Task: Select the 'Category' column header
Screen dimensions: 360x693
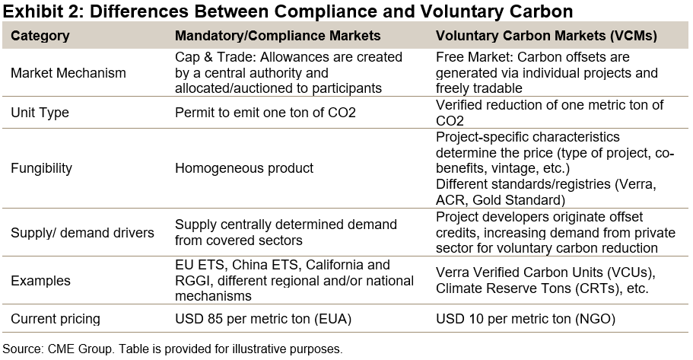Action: (x=40, y=36)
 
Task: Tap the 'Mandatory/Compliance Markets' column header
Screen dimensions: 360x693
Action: (x=278, y=36)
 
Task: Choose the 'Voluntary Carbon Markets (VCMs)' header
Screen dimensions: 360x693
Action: (x=545, y=36)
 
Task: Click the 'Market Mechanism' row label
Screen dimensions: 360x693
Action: (x=68, y=73)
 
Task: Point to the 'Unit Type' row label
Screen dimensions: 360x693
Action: (x=40, y=113)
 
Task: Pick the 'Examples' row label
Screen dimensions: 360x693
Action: (x=40, y=281)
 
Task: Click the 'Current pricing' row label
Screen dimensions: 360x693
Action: (x=56, y=319)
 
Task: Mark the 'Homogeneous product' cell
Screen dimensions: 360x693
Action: (x=244, y=168)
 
